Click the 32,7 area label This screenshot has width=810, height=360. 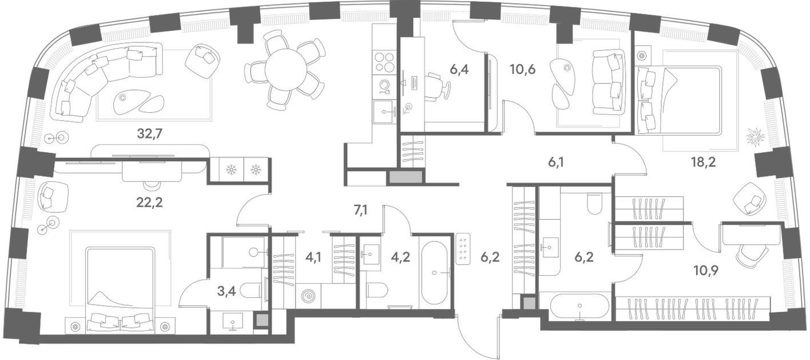point(150,134)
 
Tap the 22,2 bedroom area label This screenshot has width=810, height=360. point(149,203)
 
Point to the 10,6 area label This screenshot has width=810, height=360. point(522,69)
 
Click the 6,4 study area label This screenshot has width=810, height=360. point(459,69)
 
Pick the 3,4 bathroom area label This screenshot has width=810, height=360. point(227,291)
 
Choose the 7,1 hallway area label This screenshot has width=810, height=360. point(360,209)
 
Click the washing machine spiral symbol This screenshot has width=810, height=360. point(308,296)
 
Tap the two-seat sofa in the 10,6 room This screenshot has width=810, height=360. point(609,82)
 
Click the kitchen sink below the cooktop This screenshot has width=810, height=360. point(385,112)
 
